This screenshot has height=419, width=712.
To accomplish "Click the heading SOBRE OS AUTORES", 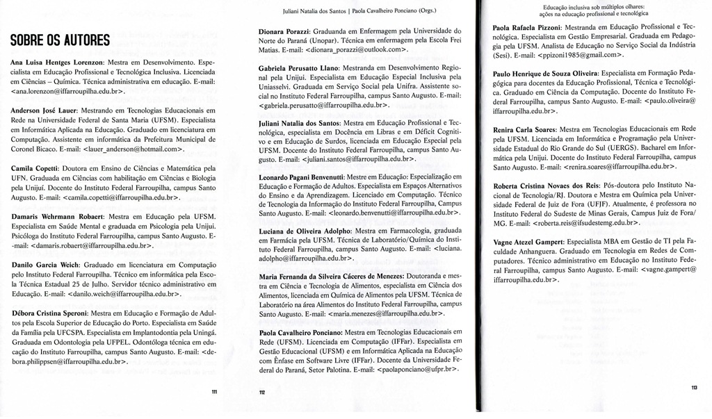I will pos(60,40).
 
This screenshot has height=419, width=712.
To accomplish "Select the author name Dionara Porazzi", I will pos(280,31).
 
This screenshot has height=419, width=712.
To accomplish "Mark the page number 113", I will pos(695,387).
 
